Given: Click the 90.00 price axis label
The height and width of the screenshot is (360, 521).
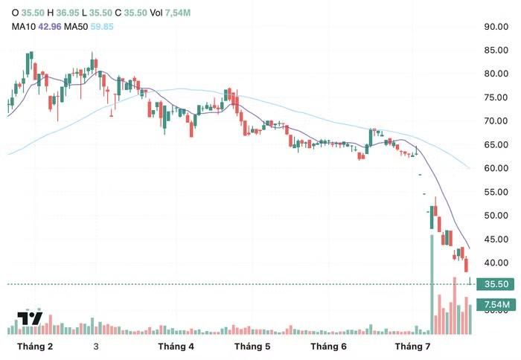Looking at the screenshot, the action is (496, 27).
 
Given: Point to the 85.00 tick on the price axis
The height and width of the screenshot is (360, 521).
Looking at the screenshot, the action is (496, 50).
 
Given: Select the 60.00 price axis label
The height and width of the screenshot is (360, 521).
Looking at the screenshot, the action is (496, 168).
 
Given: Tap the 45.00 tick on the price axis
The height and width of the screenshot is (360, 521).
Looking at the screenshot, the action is (496, 239).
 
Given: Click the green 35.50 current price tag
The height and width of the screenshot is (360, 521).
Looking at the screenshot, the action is (496, 284).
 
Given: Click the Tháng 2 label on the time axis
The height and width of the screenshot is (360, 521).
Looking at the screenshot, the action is (35, 347).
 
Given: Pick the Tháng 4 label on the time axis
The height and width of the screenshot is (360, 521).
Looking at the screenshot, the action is (176, 347).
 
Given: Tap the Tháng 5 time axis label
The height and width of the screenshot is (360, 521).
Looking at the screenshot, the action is (252, 347).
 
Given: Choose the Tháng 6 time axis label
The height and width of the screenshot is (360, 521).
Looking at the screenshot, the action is (329, 347).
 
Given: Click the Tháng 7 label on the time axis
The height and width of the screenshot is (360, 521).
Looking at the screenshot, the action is (412, 347).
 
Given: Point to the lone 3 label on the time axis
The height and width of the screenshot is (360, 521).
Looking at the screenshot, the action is (96, 347).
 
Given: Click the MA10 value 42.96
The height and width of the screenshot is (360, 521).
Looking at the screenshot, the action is (50, 27).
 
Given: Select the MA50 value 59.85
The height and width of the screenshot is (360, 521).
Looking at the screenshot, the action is (102, 27).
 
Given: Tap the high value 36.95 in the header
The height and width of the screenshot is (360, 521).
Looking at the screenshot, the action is (68, 13).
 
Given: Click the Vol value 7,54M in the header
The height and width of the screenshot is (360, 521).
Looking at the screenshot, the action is (178, 13).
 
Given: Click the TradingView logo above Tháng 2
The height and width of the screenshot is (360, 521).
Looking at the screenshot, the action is (30, 318).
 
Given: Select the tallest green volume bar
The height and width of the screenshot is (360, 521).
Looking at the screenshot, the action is (432, 284).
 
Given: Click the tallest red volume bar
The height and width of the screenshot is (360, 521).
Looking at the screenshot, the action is (455, 306).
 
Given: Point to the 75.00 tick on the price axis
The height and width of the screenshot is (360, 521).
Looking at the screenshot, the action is (496, 97).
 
